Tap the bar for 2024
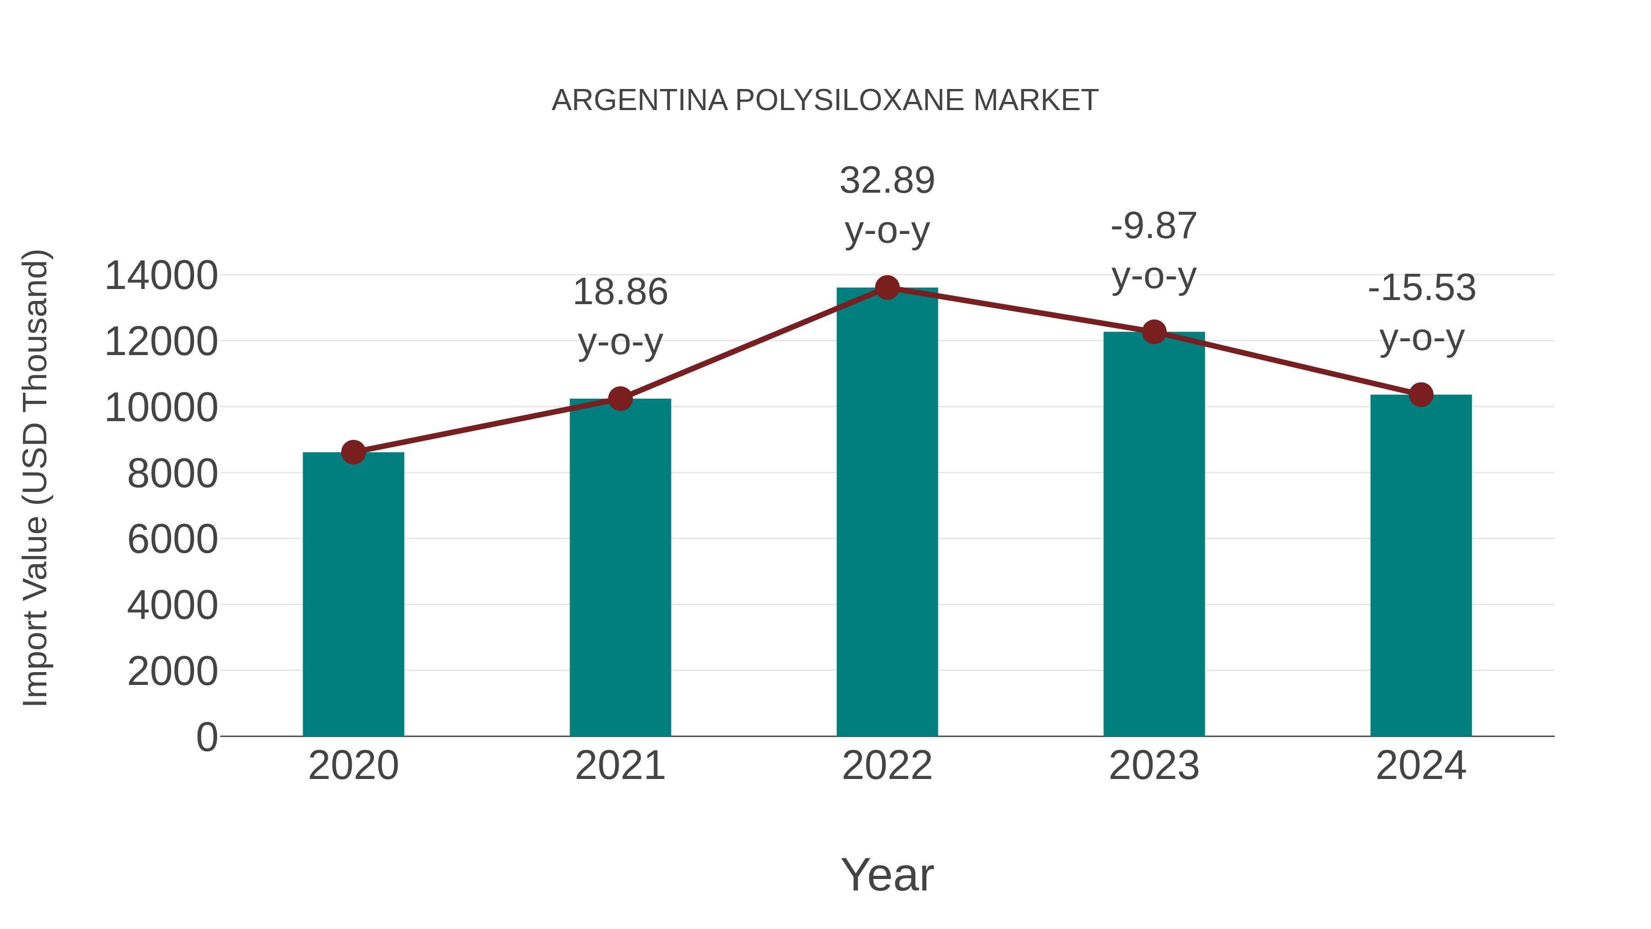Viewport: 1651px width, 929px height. pos(1421,565)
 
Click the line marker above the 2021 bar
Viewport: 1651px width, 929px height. pos(620,399)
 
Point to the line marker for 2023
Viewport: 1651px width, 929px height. pos(1154,332)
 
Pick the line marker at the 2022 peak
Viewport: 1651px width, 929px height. pos(887,288)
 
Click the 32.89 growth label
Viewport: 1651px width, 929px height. pos(887,180)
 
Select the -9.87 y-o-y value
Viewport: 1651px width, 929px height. pos(1154,226)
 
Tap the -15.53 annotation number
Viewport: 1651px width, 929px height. pos(1421,287)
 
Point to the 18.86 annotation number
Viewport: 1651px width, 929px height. pos(620,292)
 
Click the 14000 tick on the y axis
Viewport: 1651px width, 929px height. pos(161,276)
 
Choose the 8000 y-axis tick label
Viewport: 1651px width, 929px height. pos(172,474)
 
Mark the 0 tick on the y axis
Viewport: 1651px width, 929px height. pos(207,737)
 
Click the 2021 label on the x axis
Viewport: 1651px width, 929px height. pos(620,766)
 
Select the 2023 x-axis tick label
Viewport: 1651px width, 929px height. pos(1154,766)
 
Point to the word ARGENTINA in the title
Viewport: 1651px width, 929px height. pos(639,100)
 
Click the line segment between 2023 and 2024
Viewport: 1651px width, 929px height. pos(1287,363)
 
